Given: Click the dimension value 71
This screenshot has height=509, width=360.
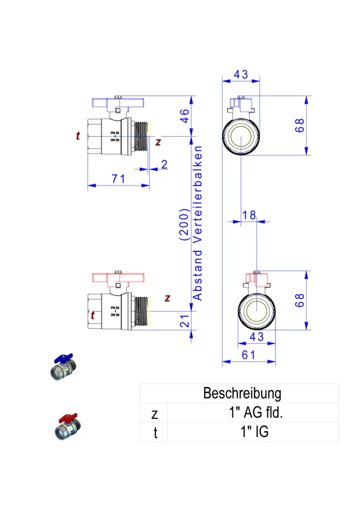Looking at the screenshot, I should coord(118,179).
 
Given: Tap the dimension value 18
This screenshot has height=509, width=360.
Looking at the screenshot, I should coord(248,214).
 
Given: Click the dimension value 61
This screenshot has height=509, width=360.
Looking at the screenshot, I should coord(248,355).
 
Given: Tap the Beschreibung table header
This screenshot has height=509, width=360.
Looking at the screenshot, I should coord(242,394).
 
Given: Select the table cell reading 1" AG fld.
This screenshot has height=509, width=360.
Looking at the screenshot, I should coord(252,413).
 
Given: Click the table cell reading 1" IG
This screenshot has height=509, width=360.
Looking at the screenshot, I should coord(252,431).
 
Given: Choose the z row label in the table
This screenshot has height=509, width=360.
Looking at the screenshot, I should coord(154,414).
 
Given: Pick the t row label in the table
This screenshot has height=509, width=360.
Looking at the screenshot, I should coord(154,432).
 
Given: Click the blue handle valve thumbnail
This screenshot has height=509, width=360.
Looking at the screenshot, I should coord(62,367).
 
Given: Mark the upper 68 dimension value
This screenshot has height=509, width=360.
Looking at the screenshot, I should coord(301,125).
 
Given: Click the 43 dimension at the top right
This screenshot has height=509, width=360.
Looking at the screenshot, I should coord(241,74).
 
